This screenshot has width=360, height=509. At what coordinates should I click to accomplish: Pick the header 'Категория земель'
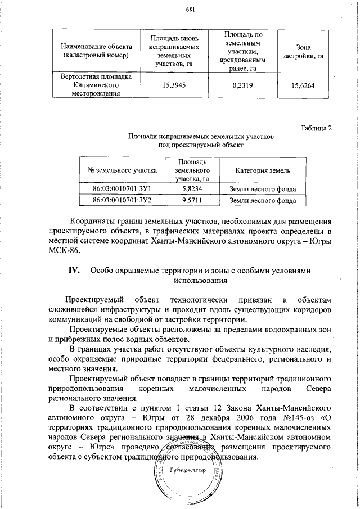(263, 170)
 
